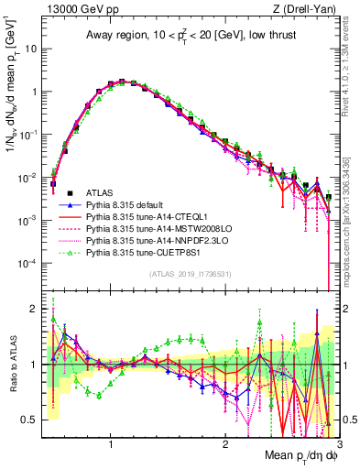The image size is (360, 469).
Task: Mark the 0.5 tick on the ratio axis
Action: [33, 420]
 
